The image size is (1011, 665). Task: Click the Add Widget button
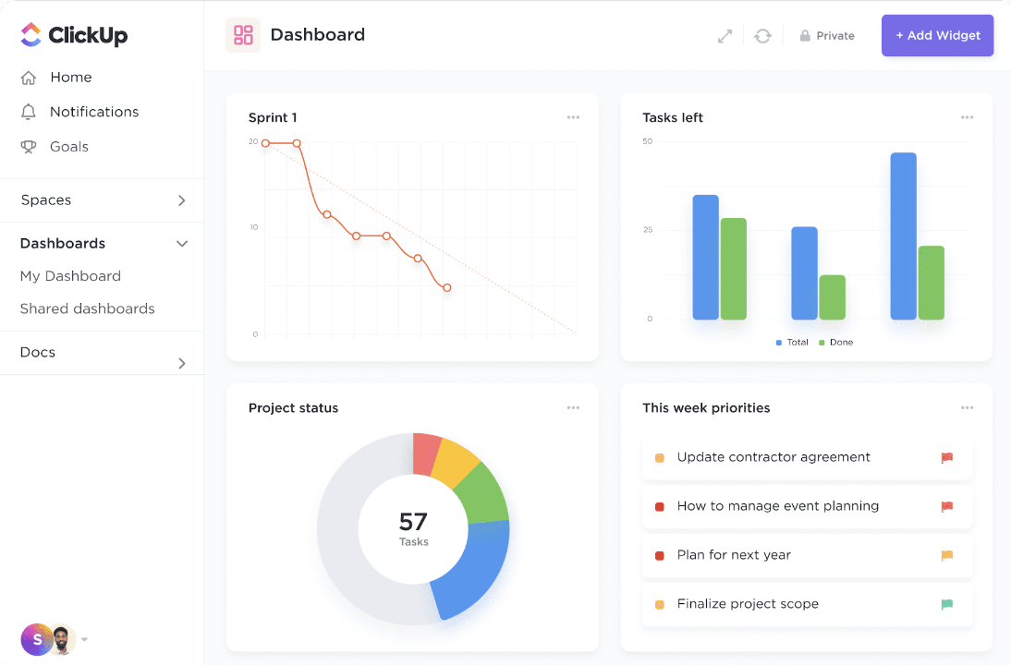pyautogui.click(x=937, y=36)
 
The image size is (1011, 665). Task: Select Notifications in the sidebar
pyautogui.click(x=93, y=112)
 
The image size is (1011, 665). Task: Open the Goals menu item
pyautogui.click(x=68, y=147)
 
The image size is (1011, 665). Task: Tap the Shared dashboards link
pyautogui.click(x=87, y=308)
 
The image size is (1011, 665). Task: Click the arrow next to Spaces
pyautogui.click(x=182, y=200)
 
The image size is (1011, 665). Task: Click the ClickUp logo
pyautogui.click(x=74, y=35)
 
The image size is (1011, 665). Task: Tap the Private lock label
pyautogui.click(x=827, y=36)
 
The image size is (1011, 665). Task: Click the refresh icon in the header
pyautogui.click(x=762, y=36)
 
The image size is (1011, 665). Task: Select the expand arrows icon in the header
pyautogui.click(x=725, y=36)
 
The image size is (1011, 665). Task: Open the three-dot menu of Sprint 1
pyautogui.click(x=573, y=117)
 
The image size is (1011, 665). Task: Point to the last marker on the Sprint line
pyautogui.click(x=447, y=288)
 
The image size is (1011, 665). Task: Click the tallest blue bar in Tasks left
pyautogui.click(x=903, y=236)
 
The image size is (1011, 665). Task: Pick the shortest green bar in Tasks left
pyautogui.click(x=832, y=297)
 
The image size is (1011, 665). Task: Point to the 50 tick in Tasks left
pyautogui.click(x=648, y=141)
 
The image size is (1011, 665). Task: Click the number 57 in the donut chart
pyautogui.click(x=413, y=522)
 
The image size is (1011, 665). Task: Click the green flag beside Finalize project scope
pyautogui.click(x=947, y=604)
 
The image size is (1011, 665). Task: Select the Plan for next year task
pyautogui.click(x=734, y=555)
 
